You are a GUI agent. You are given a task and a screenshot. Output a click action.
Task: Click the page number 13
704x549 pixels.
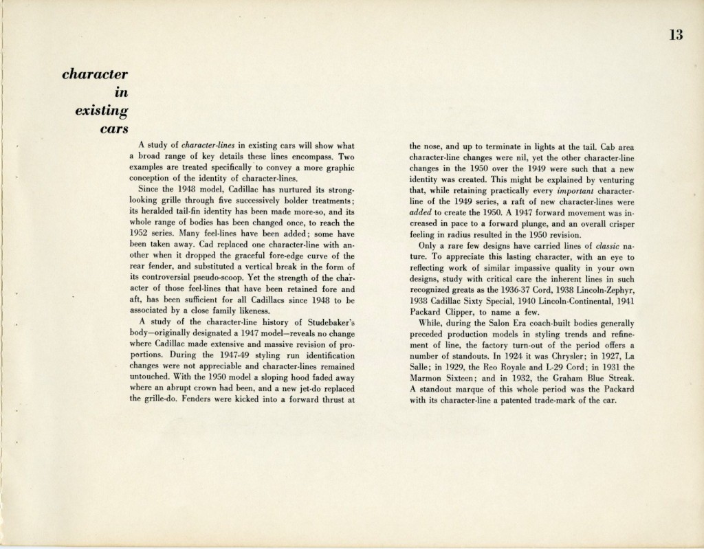[x=673, y=37]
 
